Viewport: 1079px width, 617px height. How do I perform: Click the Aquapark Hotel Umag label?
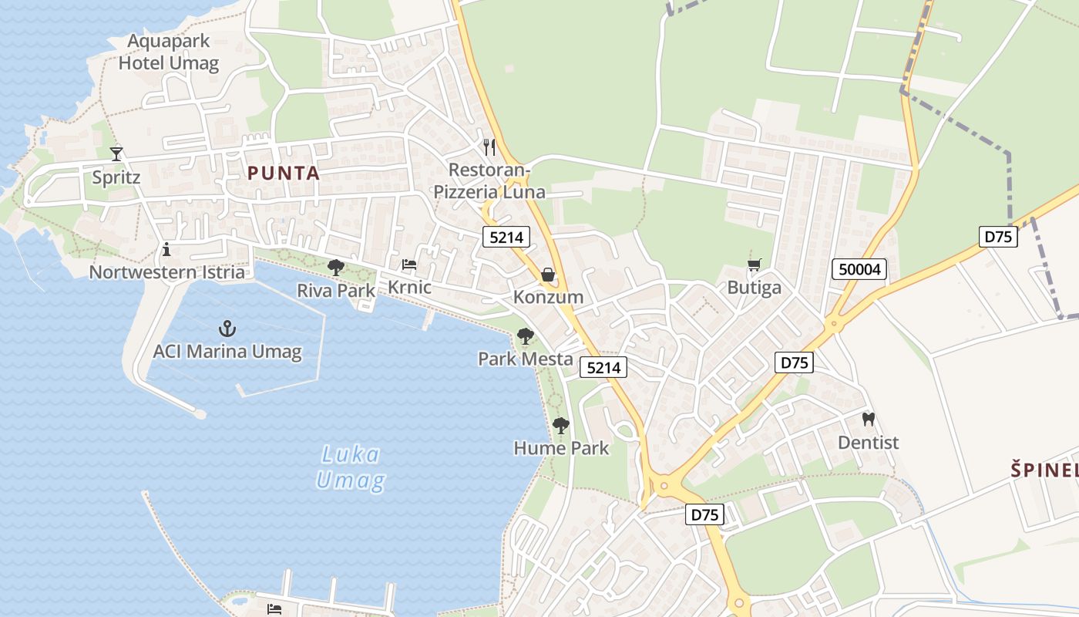(x=169, y=52)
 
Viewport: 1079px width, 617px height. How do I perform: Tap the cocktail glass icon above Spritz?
(x=116, y=153)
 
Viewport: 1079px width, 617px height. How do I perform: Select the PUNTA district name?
(x=284, y=174)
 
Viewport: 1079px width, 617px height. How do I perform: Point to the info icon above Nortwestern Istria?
(x=166, y=249)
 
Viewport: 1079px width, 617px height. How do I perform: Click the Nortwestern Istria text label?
(x=167, y=272)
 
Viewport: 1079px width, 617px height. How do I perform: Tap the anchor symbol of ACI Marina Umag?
(x=227, y=329)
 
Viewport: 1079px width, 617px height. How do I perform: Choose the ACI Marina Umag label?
(x=227, y=352)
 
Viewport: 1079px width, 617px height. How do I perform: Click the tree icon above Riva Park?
(x=336, y=268)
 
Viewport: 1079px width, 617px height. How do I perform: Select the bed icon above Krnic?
(x=409, y=265)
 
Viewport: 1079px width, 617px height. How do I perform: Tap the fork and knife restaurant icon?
(x=489, y=146)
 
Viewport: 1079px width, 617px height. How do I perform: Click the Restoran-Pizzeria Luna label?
(x=489, y=180)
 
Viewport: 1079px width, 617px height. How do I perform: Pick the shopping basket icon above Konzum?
(x=548, y=275)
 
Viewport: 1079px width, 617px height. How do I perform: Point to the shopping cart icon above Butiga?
(x=754, y=265)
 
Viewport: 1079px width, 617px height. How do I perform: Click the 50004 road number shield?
(x=859, y=269)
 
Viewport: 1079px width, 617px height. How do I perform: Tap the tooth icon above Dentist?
(x=869, y=420)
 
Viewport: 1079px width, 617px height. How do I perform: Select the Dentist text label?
(x=869, y=443)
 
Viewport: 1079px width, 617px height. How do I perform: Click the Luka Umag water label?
(x=351, y=467)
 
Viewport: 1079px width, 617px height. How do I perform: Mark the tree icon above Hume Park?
(x=561, y=425)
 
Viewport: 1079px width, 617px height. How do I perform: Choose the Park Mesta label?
(x=526, y=359)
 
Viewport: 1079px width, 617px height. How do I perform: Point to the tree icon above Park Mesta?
(x=526, y=336)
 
